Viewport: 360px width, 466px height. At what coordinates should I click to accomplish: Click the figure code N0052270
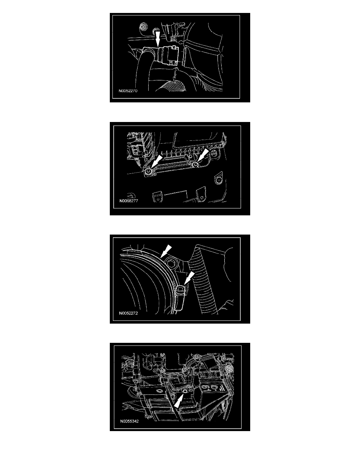[x=128, y=91]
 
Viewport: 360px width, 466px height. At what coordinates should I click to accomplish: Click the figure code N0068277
[x=129, y=200]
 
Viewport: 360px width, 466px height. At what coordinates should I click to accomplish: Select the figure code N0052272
[x=128, y=313]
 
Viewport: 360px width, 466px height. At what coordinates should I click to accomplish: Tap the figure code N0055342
[x=129, y=421]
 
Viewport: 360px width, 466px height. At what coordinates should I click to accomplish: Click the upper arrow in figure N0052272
[x=166, y=251]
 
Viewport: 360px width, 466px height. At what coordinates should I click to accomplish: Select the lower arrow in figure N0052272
[x=189, y=278]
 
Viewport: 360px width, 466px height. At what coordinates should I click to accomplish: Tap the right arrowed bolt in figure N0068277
[x=195, y=165]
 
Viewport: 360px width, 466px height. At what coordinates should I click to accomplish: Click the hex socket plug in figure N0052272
[x=171, y=263]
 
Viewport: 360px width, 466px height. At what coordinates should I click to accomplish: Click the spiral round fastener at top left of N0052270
[x=143, y=27]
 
